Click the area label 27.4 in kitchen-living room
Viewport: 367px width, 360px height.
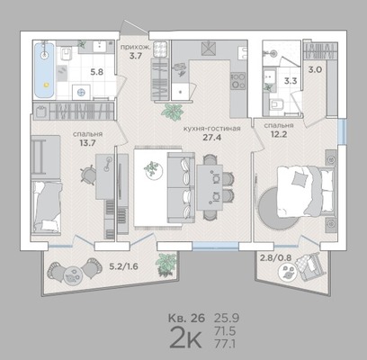point(212,138)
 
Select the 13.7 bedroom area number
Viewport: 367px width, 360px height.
point(87,143)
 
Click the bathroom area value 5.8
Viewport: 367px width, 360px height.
point(97,72)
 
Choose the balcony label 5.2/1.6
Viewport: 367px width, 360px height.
point(123,266)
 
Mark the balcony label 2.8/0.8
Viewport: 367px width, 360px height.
point(276,257)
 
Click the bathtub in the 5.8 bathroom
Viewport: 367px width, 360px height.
point(44,70)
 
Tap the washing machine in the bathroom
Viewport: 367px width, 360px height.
point(82,92)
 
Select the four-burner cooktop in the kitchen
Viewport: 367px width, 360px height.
point(238,81)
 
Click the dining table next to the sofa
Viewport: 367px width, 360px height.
point(210,187)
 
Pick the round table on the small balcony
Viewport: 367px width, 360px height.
point(287,272)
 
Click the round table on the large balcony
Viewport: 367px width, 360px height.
point(72,274)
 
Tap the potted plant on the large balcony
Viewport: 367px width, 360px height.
point(166,265)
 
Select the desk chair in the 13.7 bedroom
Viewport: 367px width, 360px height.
point(88,174)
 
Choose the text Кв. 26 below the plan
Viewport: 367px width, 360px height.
point(186,318)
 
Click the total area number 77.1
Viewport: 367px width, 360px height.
point(225,344)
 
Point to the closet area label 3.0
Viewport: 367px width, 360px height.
point(315,70)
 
